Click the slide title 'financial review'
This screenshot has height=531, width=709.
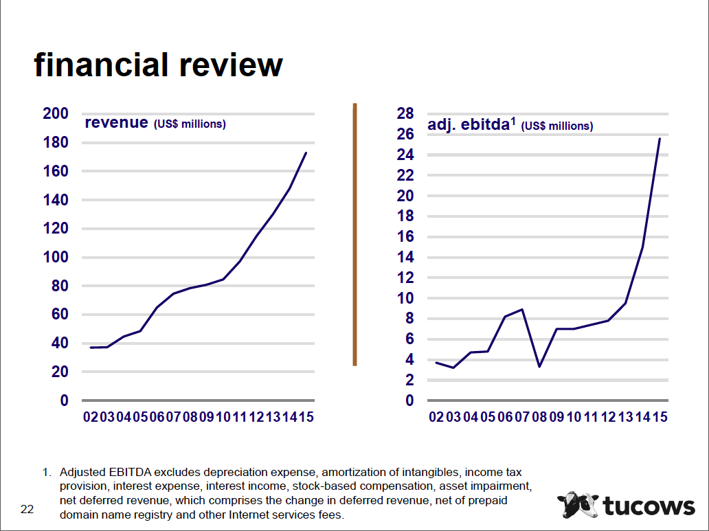[158, 65]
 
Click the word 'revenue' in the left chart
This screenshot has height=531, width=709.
[116, 123]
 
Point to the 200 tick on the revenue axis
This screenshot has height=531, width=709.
[56, 114]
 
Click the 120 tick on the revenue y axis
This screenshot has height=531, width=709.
[56, 229]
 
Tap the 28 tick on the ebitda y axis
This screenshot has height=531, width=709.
[405, 114]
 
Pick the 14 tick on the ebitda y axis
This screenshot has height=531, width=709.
[405, 257]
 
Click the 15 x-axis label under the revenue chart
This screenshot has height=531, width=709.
[306, 417]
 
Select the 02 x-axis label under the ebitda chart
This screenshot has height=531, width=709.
[436, 417]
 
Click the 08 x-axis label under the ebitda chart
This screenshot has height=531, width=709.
[539, 417]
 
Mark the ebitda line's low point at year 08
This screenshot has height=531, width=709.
[539, 366]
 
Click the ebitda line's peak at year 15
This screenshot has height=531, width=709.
[660, 139]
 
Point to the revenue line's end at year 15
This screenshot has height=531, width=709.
[306, 152]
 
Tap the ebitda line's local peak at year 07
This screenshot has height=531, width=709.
[523, 309]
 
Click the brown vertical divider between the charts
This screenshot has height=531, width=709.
[354, 234]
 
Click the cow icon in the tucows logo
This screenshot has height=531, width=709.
[577, 506]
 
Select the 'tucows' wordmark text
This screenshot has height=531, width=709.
[649, 506]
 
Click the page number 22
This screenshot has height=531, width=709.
[27, 509]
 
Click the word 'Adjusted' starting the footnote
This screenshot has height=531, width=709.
[82, 473]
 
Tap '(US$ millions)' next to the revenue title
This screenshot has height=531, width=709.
[190, 124]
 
